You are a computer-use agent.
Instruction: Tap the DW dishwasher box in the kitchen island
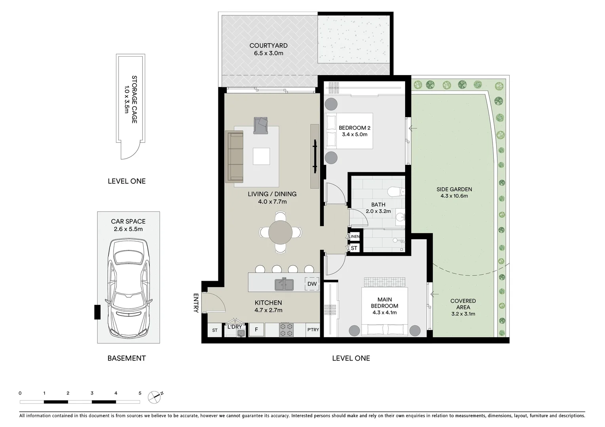312,284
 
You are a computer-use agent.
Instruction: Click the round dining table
281,232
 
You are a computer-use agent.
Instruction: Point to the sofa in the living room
234,157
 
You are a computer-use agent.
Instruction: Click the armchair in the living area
261,125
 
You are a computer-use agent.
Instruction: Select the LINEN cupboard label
354,237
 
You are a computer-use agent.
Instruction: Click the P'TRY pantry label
313,330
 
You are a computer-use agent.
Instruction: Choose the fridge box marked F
256,330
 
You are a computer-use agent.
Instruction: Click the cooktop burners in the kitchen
286,329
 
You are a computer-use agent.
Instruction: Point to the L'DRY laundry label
235,327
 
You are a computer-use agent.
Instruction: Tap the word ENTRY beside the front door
195,303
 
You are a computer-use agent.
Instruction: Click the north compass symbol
156,396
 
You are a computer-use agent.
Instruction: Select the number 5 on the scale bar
140,393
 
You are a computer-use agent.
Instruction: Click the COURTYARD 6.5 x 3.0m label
268,49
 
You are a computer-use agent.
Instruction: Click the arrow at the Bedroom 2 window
413,128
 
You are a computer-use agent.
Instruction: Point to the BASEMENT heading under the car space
127,358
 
